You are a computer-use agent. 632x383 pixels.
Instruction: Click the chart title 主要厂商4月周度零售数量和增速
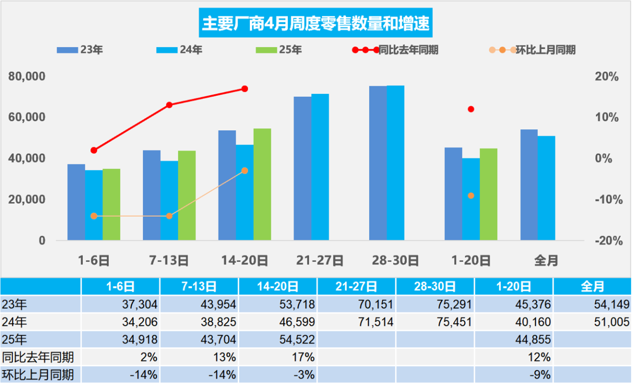click(316, 23)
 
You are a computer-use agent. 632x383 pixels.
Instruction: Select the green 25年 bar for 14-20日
click(262, 185)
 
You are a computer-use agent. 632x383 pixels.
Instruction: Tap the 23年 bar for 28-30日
click(378, 163)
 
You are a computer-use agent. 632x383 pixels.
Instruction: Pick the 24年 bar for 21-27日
click(320, 167)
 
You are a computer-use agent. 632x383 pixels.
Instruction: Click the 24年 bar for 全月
click(546, 188)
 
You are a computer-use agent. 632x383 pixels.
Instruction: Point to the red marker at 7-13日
click(169, 105)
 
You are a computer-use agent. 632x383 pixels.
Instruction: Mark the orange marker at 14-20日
click(244, 171)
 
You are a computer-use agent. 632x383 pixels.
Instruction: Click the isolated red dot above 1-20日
click(471, 109)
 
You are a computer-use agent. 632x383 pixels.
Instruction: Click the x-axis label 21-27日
click(320, 260)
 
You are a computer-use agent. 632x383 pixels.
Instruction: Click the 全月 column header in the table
click(592, 286)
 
